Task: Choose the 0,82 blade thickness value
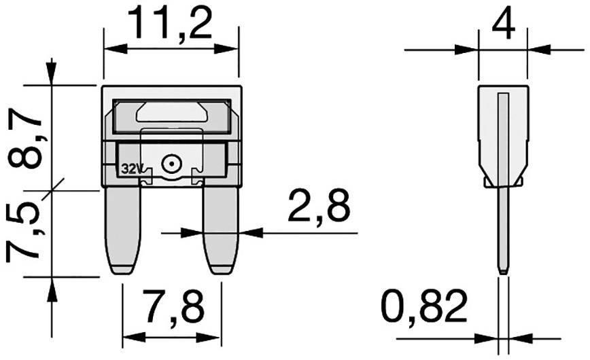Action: coord(424,308)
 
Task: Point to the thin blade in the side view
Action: coord(502,231)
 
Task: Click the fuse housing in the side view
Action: coord(502,136)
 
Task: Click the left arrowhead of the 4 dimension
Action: coord(469,49)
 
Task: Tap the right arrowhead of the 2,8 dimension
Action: coord(251,233)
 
